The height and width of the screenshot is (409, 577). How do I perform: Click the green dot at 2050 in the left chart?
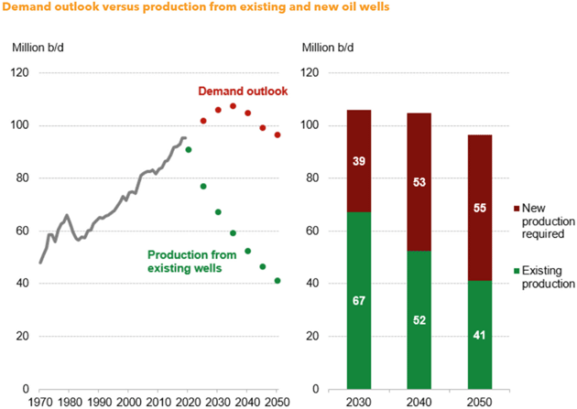[278, 281]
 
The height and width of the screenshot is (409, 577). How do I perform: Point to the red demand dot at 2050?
[278, 135]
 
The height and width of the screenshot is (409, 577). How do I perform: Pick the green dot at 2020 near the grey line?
[189, 149]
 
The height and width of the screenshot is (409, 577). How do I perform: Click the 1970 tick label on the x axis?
[41, 402]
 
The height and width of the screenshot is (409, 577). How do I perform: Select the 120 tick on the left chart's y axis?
[20, 72]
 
